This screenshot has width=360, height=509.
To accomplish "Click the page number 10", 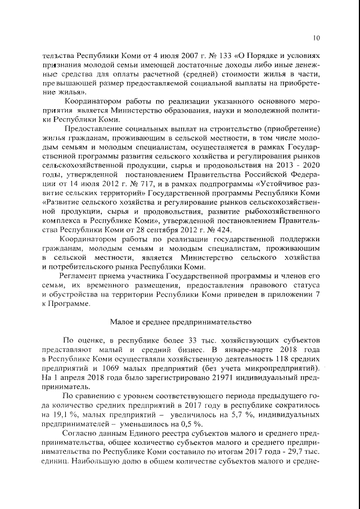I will (x=317, y=38).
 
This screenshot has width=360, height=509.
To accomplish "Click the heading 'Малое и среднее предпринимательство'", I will (x=179, y=321).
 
